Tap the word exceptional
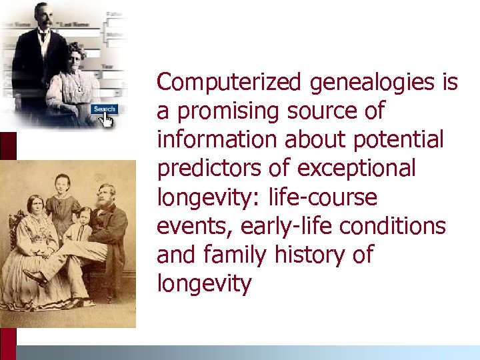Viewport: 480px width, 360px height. coord(356,169)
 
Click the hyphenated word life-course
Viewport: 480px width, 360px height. coord(322,197)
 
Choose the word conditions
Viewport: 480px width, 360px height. coord(392,226)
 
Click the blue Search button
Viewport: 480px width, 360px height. coord(105,109)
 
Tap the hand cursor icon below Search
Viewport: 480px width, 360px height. coord(106,120)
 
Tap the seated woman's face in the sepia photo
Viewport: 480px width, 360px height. coord(34,206)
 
